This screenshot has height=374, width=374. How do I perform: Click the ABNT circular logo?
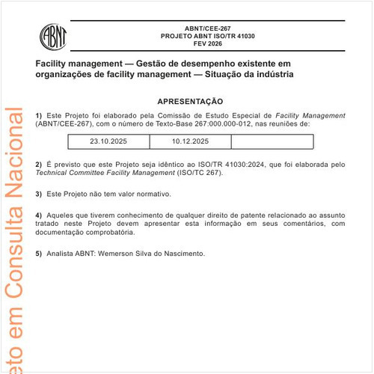coord(55,36)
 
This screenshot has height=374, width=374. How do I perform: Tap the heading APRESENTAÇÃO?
coord(190,101)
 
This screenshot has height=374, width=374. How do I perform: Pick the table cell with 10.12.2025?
coord(191,141)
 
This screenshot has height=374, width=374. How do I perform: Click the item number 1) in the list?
coord(39,115)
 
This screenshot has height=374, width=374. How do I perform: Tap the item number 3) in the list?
coord(39,194)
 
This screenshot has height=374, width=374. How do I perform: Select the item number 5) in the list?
coord(39,254)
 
